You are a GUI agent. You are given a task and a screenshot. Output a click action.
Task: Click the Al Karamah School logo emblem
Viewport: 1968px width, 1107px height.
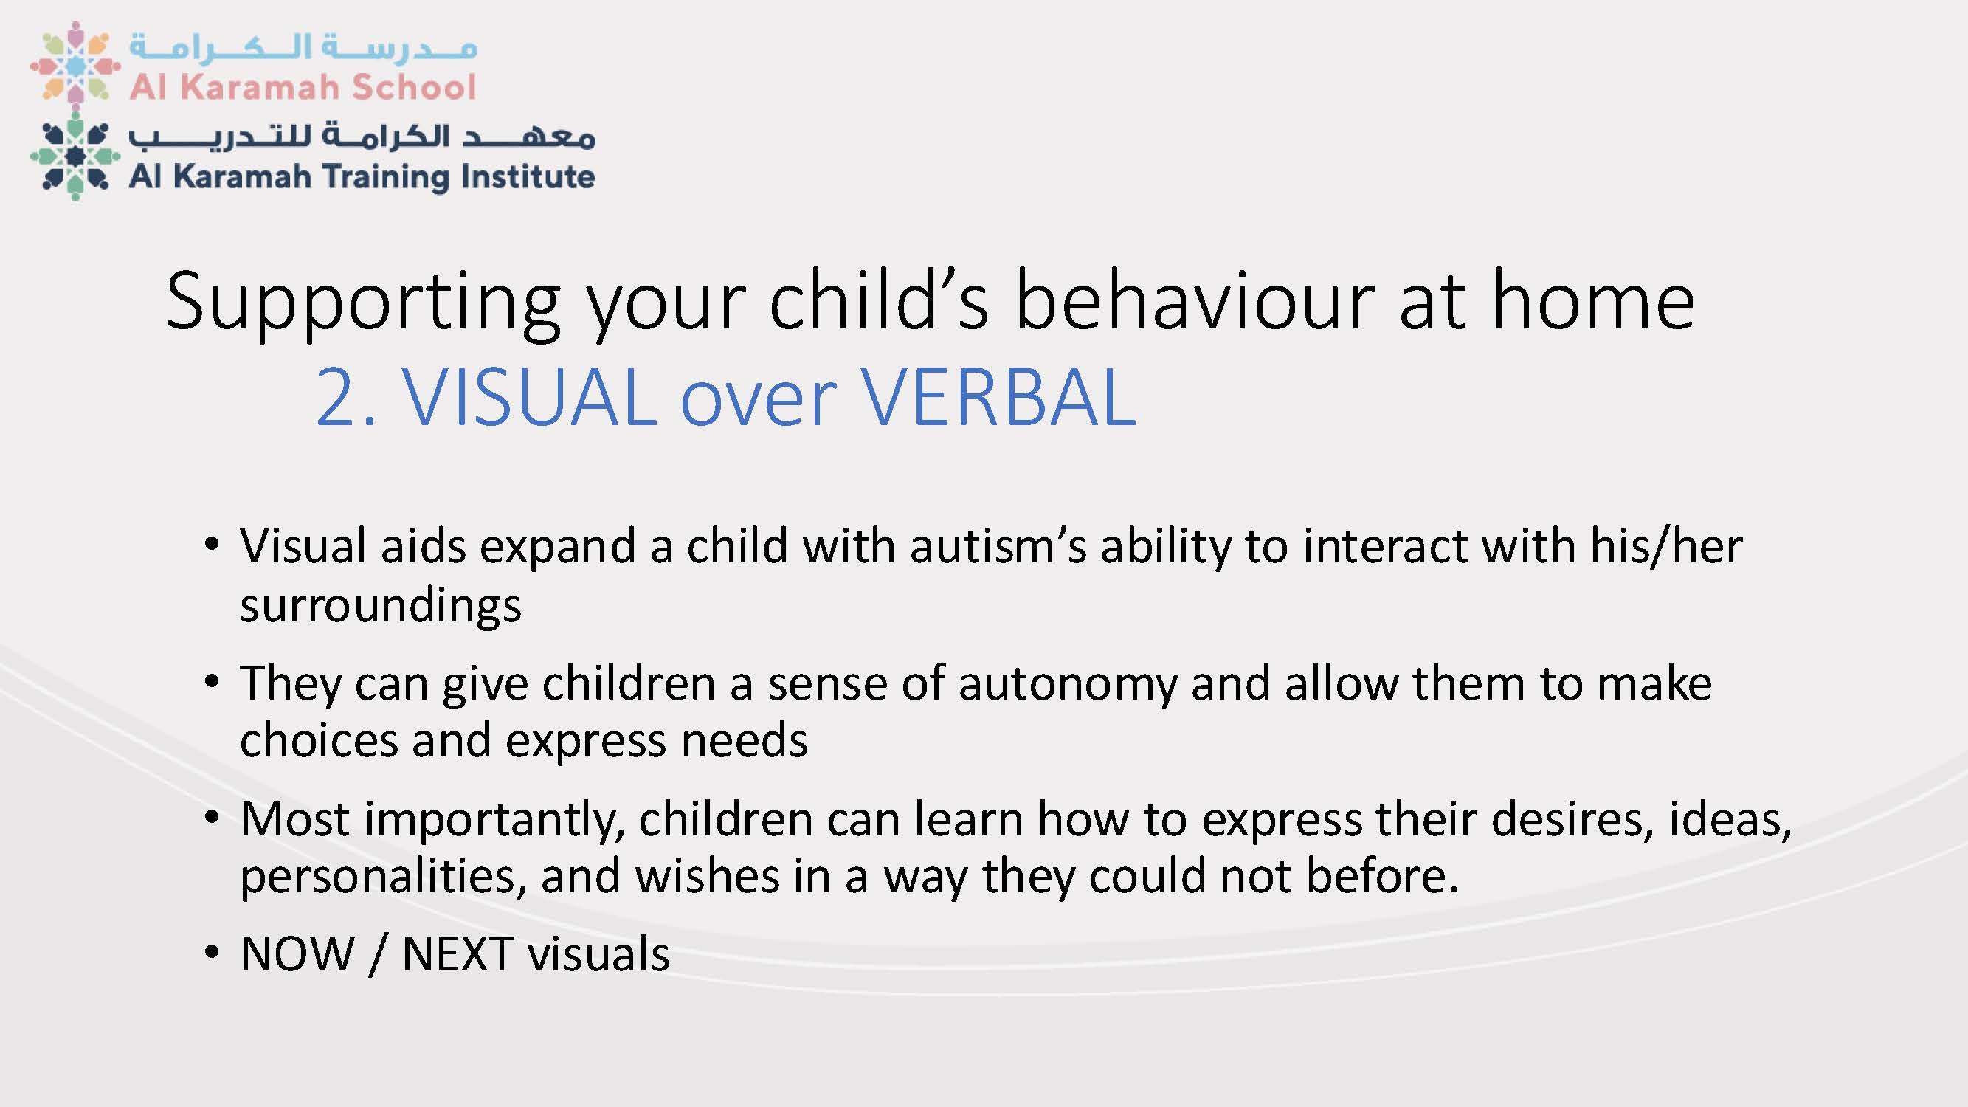tap(75, 64)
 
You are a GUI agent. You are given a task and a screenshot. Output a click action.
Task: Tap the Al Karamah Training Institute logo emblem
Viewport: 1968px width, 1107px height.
tap(75, 156)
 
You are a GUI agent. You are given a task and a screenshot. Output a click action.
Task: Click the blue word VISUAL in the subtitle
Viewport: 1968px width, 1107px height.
tap(529, 397)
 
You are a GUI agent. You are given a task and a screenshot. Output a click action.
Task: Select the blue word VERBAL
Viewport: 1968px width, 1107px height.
tap(999, 397)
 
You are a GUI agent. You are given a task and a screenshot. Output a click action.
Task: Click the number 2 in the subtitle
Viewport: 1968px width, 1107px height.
tap(336, 397)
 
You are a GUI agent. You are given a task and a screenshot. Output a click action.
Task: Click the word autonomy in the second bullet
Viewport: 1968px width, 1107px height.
tap(1067, 685)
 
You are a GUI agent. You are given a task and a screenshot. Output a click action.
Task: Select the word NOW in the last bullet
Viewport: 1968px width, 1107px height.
tap(297, 954)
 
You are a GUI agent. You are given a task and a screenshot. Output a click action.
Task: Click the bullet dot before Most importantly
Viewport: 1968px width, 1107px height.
tap(212, 818)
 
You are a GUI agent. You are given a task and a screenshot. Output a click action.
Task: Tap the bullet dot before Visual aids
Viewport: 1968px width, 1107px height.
tap(212, 545)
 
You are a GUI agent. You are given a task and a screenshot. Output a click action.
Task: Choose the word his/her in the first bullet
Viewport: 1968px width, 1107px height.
tap(1666, 547)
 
